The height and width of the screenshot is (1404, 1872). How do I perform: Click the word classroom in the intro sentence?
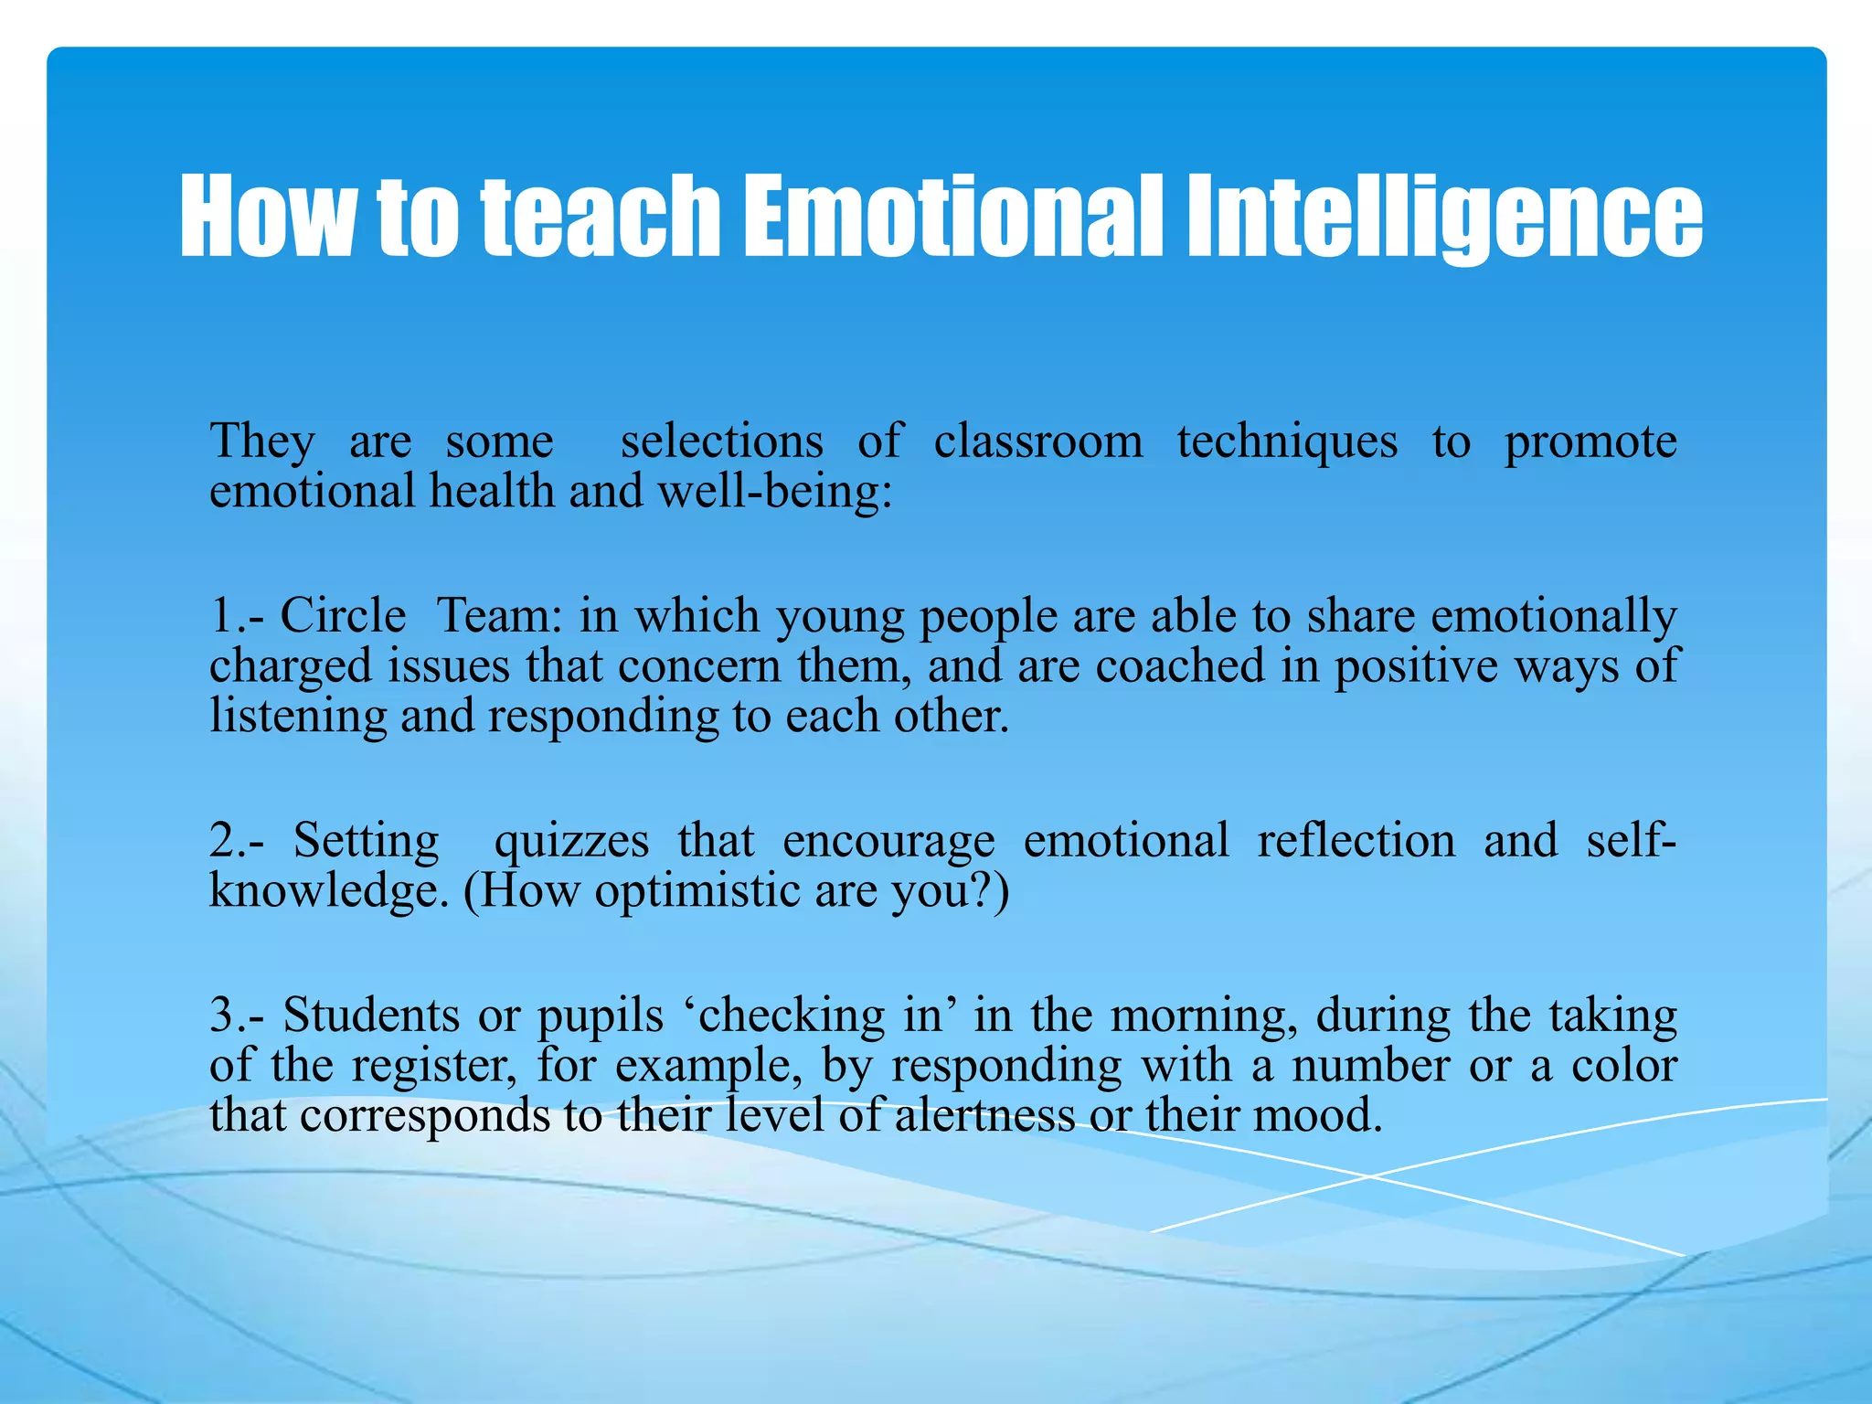[1038, 441]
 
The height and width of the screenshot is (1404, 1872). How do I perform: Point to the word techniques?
[1287, 443]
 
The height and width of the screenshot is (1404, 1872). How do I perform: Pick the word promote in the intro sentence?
[1590, 443]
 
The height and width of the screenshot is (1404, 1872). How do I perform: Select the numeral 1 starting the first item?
[222, 615]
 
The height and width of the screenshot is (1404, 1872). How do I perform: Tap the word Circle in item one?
[343, 615]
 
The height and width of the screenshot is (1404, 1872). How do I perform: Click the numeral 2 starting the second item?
[223, 840]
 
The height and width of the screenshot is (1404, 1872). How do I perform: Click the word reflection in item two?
[1356, 840]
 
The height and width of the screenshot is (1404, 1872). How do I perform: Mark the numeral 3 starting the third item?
[223, 1016]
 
